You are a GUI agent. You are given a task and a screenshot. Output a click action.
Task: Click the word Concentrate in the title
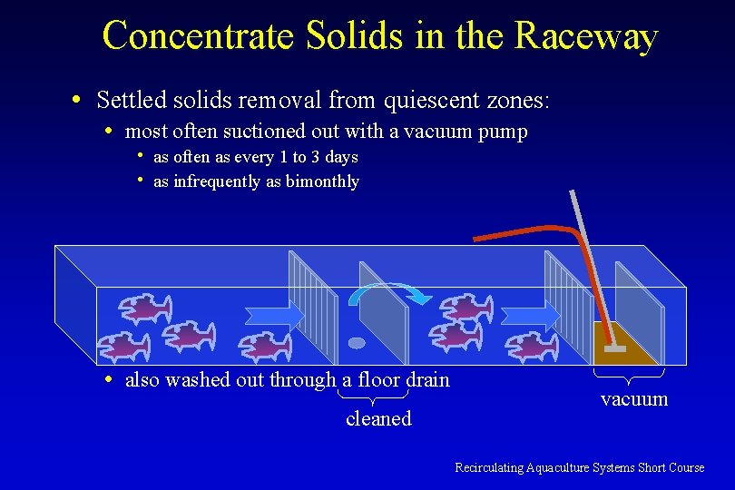coord(199,36)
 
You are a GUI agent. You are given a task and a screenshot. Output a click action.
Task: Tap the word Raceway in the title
coord(586,36)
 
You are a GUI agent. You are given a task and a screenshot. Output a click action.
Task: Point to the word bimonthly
coord(322,181)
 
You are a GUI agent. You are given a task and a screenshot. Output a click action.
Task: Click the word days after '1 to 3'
coord(341,157)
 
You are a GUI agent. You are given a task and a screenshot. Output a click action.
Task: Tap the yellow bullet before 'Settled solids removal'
coord(82,98)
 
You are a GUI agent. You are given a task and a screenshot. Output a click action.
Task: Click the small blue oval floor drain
coord(357,343)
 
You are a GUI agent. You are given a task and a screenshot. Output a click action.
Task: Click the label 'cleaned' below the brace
coord(378,419)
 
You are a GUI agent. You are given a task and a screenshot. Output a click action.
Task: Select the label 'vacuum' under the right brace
coord(634,399)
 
